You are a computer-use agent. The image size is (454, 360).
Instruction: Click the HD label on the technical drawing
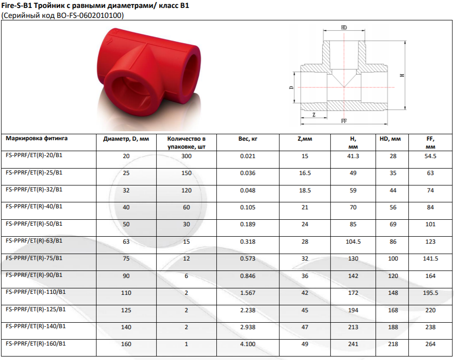344,28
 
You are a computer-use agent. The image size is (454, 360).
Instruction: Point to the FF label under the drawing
344,121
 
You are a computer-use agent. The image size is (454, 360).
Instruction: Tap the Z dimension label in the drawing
314,115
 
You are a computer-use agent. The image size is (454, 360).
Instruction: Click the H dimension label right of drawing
402,75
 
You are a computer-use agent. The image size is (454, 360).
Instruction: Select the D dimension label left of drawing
291,87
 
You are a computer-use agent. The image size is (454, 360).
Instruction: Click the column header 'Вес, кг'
248,139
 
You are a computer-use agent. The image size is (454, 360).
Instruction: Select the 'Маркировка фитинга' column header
36,138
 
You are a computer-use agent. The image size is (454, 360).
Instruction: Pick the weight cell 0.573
248,259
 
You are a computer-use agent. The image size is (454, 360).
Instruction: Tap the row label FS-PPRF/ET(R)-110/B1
36,292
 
